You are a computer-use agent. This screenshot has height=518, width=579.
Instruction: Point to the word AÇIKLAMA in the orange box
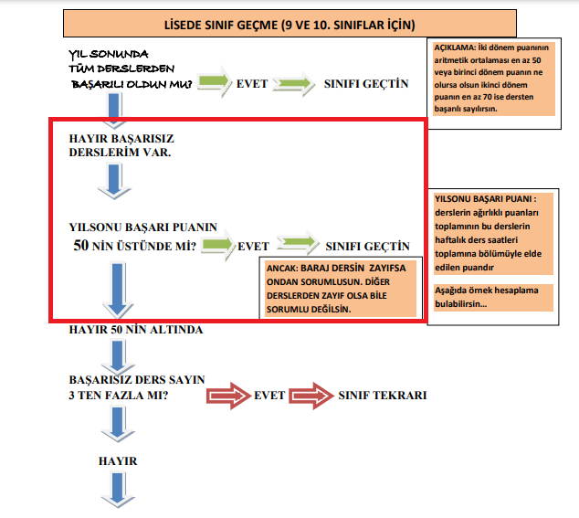coord(454,48)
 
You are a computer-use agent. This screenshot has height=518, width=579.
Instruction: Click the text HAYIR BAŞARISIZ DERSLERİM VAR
coord(121,143)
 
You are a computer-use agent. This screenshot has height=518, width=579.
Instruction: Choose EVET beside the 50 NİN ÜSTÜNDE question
coord(253,246)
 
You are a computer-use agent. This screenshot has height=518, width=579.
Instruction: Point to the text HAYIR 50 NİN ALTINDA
coord(135,330)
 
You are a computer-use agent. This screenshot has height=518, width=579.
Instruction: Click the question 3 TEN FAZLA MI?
coord(123,396)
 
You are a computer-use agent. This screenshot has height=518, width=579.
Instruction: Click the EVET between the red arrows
coord(269,396)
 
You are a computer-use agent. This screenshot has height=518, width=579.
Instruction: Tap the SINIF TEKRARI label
coord(382,396)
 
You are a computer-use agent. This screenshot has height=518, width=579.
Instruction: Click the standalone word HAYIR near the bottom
coord(117,461)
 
